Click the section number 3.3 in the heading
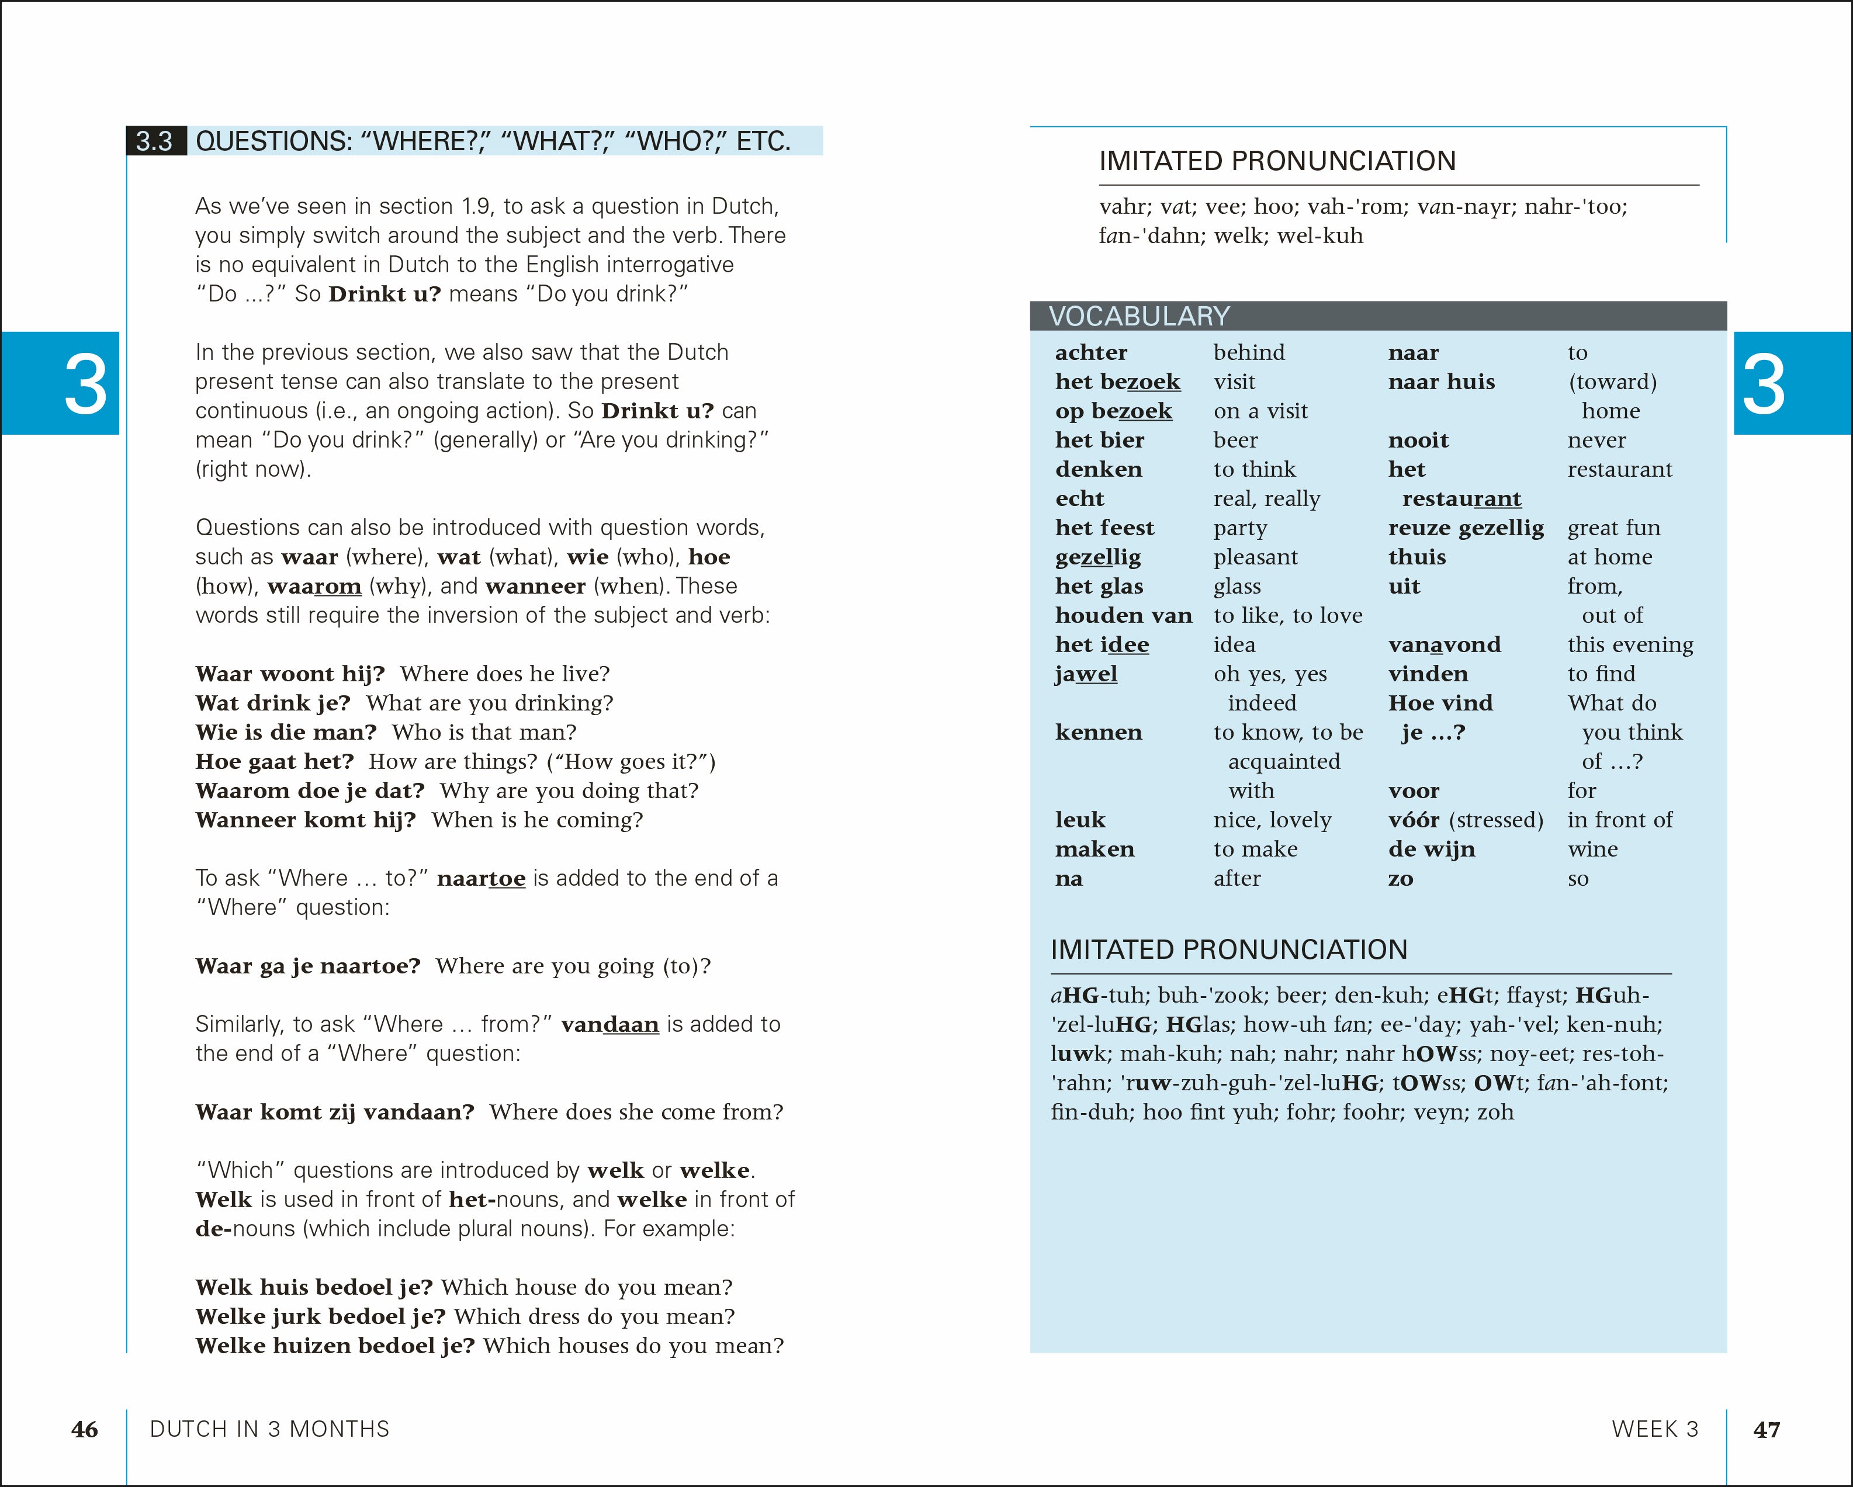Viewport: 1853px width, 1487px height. click(x=155, y=141)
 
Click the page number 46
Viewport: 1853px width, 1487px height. click(x=84, y=1429)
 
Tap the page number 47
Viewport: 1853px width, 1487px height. click(x=1766, y=1429)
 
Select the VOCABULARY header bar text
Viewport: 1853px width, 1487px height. click(x=1139, y=316)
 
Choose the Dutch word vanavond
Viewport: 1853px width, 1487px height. click(x=1444, y=644)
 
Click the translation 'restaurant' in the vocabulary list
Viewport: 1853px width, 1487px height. click(x=1619, y=469)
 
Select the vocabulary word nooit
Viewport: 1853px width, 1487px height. click(x=1418, y=440)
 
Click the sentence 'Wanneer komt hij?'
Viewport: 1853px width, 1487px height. click(x=305, y=820)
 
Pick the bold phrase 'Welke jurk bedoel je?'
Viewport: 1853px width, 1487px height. click(x=320, y=1317)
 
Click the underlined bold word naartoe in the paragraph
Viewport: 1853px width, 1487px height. click(x=480, y=878)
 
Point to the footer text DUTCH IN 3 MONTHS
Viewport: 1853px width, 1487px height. click(x=269, y=1429)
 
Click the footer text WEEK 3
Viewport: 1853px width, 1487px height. click(x=1654, y=1429)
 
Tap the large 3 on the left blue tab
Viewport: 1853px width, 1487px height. click(x=85, y=384)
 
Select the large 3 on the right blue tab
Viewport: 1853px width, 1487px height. click(x=1763, y=384)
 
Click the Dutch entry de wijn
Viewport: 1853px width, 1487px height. click(x=1431, y=849)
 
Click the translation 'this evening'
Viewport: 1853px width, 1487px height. click(x=1630, y=644)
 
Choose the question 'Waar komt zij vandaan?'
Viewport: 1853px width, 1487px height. click(x=334, y=1112)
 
